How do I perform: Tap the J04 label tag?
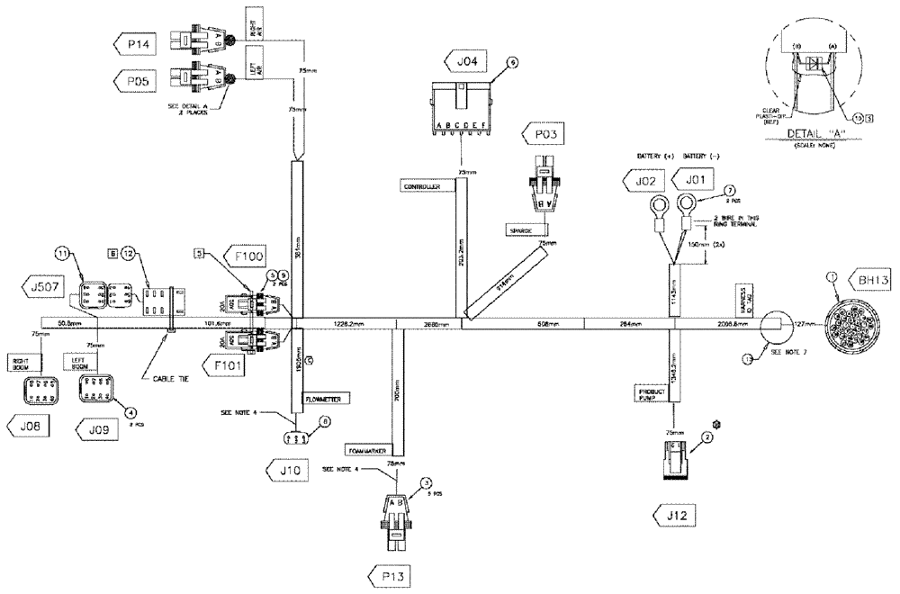465,61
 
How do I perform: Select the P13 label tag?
393,574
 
